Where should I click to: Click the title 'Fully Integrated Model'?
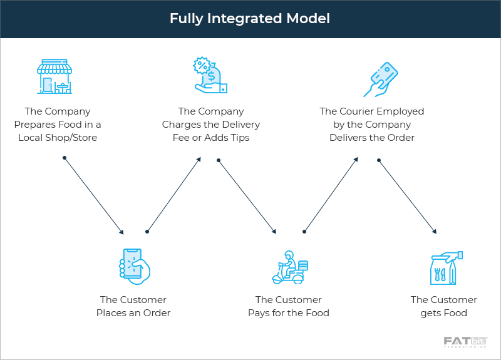[250, 19]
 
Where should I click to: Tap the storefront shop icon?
[54, 76]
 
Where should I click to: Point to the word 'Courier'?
[359, 111]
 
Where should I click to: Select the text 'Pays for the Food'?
[289, 313]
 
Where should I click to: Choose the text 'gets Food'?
[444, 313]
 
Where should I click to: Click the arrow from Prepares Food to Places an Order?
[94, 195]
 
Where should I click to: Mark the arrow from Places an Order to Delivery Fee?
[173, 195]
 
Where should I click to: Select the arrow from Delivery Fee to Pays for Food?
[247, 196]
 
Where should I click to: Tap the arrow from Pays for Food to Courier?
[331, 195]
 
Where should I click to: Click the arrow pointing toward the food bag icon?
[407, 196]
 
